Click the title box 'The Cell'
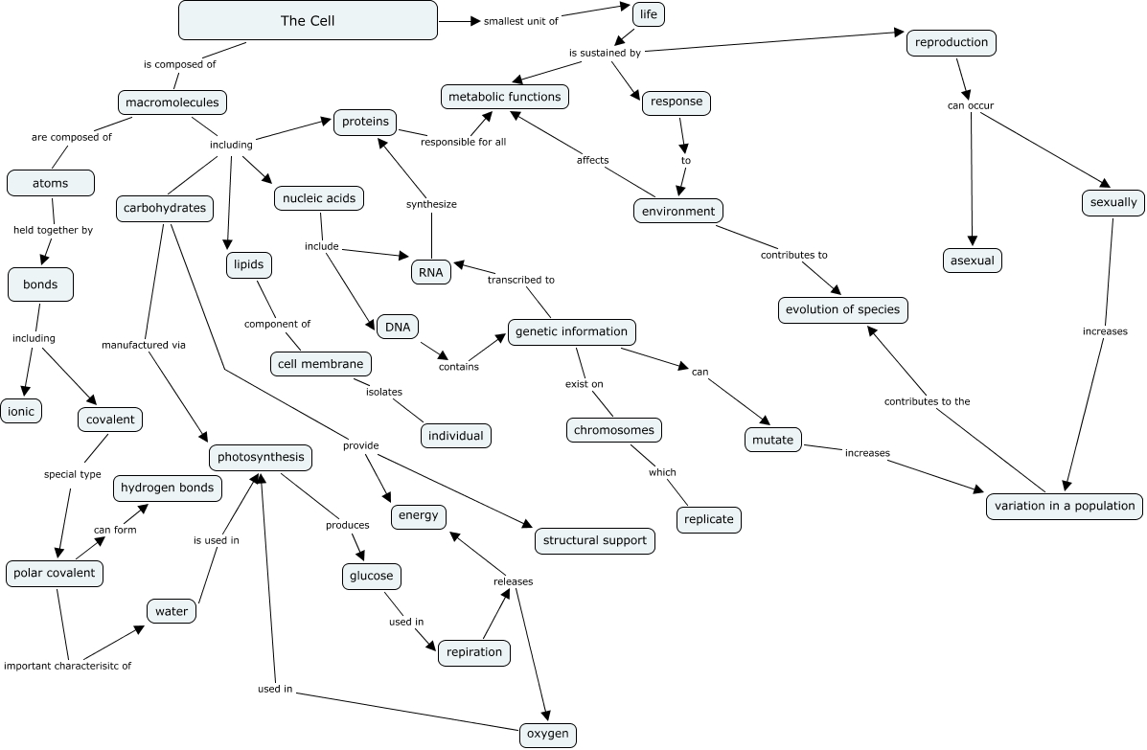tap(308, 20)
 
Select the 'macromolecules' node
tap(172, 102)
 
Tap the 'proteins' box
tap(365, 122)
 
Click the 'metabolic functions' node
tap(505, 97)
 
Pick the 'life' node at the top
tap(649, 14)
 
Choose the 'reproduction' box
tap(952, 43)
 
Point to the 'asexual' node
tap(972, 260)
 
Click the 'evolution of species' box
tap(843, 309)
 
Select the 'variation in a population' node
tap(1064, 506)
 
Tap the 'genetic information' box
tap(571, 332)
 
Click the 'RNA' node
tap(429, 272)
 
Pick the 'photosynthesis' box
tap(261, 457)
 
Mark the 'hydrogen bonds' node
tap(168, 488)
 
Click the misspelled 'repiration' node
tap(474, 652)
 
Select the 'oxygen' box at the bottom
tap(548, 735)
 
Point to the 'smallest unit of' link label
tap(520, 21)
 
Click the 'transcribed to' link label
tap(520, 280)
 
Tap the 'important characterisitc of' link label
tap(68, 665)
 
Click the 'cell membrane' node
tap(320, 364)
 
